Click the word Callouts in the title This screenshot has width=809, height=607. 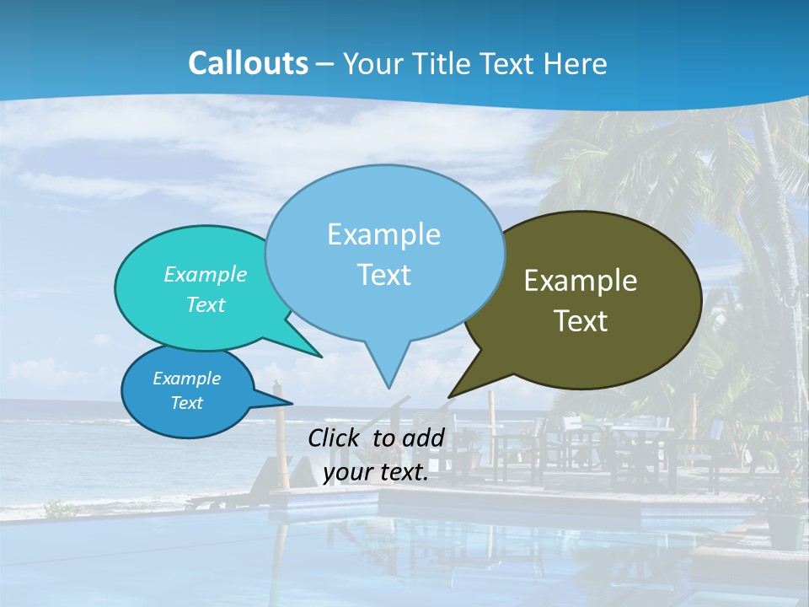coord(248,63)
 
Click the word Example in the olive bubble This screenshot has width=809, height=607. coord(581,281)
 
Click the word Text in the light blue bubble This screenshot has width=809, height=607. coord(383,275)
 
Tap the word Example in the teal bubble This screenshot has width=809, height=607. coord(206,274)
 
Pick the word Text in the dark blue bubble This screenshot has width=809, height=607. coord(187,403)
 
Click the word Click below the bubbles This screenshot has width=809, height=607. coord(334,438)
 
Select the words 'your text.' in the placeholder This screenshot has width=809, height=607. coord(376,473)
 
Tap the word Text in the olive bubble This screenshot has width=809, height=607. coord(581,321)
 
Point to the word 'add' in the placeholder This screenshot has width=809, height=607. coord(422,438)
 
